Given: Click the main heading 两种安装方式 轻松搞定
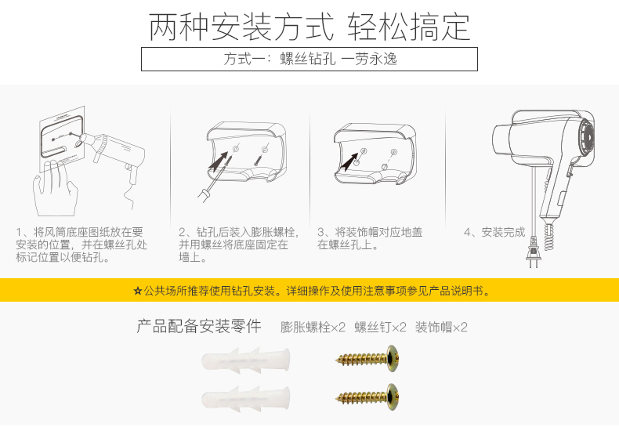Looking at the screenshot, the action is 309,27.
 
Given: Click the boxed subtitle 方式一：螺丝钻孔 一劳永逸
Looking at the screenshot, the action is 310,60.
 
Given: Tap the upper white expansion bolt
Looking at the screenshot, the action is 245,359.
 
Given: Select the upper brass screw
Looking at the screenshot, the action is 367,358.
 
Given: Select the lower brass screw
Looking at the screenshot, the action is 367,397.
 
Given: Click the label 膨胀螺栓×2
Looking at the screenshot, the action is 313,328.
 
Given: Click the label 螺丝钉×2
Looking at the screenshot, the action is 380,328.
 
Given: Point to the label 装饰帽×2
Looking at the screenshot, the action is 441,328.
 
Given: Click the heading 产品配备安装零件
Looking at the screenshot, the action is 199,327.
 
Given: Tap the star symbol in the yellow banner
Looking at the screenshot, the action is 137,292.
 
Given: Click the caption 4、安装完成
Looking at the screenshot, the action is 494,232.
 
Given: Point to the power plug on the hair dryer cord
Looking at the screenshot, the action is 533,252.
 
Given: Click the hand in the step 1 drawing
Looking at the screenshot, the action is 55,188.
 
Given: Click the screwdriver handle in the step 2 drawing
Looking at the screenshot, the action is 203,195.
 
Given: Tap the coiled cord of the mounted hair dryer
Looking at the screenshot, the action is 548,237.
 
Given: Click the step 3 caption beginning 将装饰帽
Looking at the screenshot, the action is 371,238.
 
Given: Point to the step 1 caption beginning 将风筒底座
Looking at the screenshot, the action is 81,244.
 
